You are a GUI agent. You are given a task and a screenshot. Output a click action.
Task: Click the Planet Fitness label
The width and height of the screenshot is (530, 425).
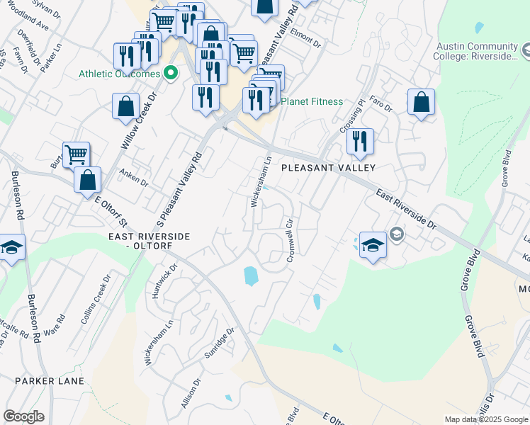click(x=312, y=101)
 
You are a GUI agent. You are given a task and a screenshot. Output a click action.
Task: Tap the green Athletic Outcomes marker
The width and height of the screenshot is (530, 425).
click(x=170, y=73)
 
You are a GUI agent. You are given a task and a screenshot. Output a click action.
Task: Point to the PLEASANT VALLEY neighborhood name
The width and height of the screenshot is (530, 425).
click(x=327, y=169)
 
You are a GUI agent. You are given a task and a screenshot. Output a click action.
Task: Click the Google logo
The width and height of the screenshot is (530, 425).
click(x=23, y=416)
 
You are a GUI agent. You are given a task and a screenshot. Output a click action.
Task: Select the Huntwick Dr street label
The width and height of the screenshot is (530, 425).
click(x=164, y=279)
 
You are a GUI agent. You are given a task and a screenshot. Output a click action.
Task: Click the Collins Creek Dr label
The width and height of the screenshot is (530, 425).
click(x=96, y=300)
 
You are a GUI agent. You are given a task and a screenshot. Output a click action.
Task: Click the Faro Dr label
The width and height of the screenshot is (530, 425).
click(x=380, y=106)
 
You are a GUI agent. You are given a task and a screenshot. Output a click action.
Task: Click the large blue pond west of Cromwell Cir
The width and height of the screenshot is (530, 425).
click(x=251, y=276)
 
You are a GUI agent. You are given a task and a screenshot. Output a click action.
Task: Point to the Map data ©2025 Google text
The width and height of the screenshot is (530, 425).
click(x=486, y=419)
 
